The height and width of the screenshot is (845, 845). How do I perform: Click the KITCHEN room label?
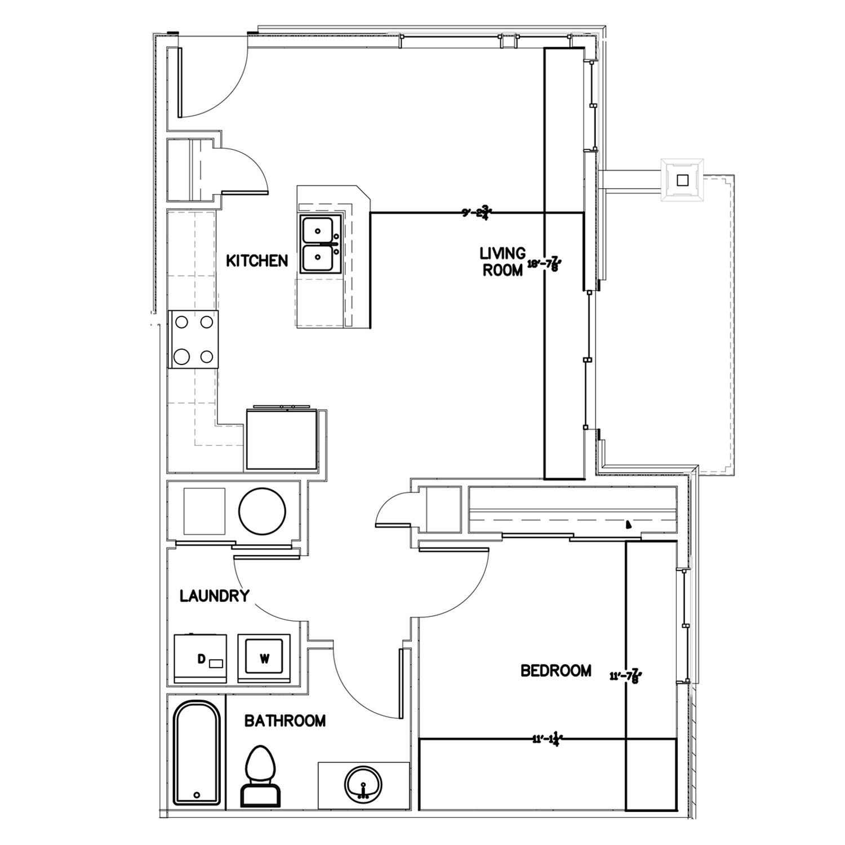(x=257, y=261)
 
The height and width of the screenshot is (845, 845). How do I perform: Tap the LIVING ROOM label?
(x=502, y=261)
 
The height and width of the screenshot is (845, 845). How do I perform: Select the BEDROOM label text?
(x=555, y=670)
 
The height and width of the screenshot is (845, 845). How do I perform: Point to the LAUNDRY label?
(x=214, y=596)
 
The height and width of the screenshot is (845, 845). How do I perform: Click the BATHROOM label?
(x=284, y=721)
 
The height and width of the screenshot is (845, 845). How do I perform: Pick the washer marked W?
(x=264, y=658)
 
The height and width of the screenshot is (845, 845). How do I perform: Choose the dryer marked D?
(x=201, y=658)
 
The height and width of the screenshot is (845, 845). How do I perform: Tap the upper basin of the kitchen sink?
(x=319, y=230)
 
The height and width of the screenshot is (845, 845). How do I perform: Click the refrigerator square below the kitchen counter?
(x=282, y=439)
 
